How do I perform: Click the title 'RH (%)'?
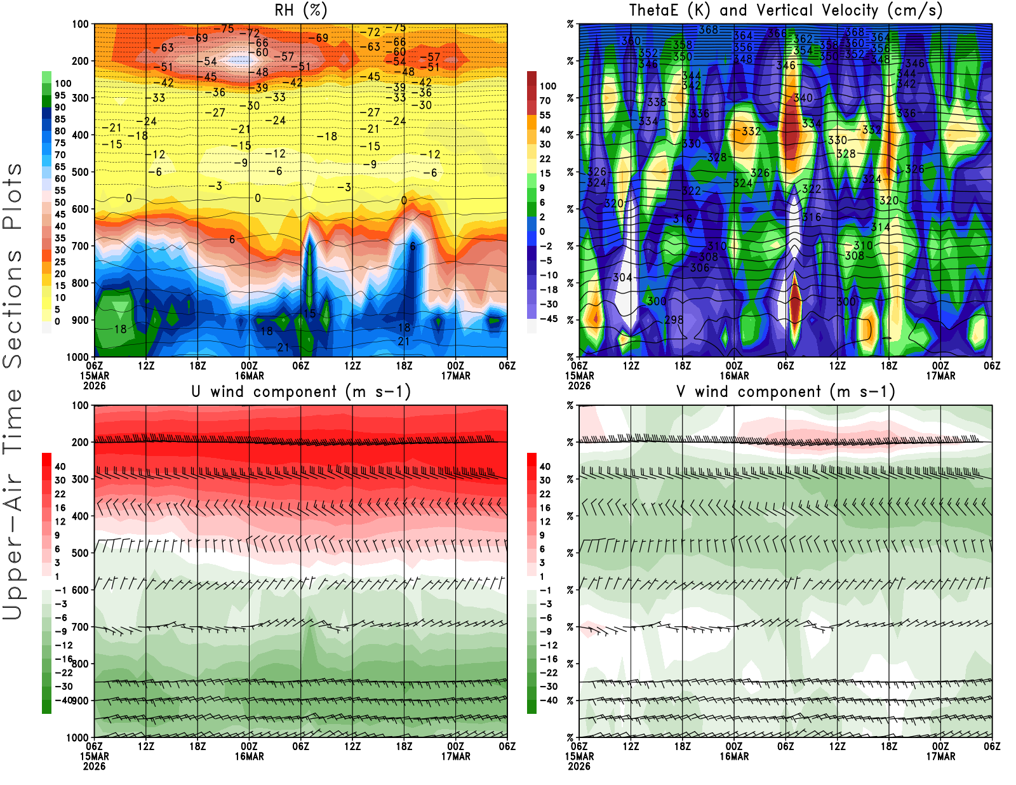[300, 10]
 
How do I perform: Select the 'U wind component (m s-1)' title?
[301, 391]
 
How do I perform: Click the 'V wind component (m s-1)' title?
[785, 391]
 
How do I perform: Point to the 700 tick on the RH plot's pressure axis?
[80, 246]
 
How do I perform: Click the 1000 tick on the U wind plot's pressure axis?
[77, 737]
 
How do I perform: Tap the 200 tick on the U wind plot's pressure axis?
[80, 442]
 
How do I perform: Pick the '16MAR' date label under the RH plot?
[249, 375]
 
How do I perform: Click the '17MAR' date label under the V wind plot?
[940, 756]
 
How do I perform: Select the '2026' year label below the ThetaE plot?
[579, 386]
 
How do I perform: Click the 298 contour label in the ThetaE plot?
[674, 319]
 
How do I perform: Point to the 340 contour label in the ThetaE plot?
[803, 98]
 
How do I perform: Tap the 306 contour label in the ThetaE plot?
[700, 267]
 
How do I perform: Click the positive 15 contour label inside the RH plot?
[309, 313]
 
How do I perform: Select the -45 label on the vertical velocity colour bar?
[548, 319]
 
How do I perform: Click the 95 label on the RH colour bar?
[60, 95]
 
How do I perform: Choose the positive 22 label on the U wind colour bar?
[60, 493]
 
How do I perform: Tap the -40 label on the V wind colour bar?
[548, 700]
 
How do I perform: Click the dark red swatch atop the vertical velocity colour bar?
[531, 78]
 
